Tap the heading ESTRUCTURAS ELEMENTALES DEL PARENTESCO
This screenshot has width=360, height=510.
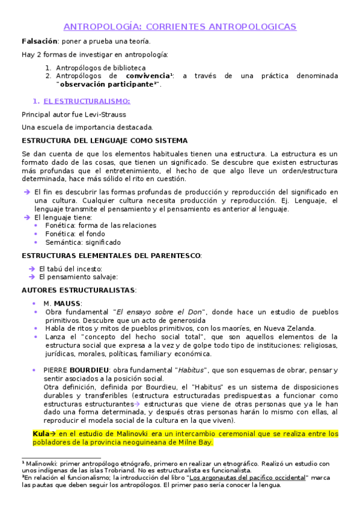pyautogui.click(x=111, y=256)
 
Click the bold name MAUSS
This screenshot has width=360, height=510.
pyautogui.click(x=67, y=303)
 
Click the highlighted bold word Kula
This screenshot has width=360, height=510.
pyautogui.click(x=40, y=433)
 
